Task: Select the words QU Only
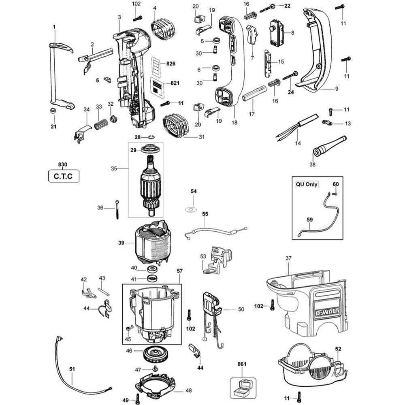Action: click(x=307, y=184)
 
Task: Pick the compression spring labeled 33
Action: click(x=101, y=123)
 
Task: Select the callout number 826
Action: click(x=171, y=64)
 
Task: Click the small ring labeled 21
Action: click(x=52, y=111)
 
